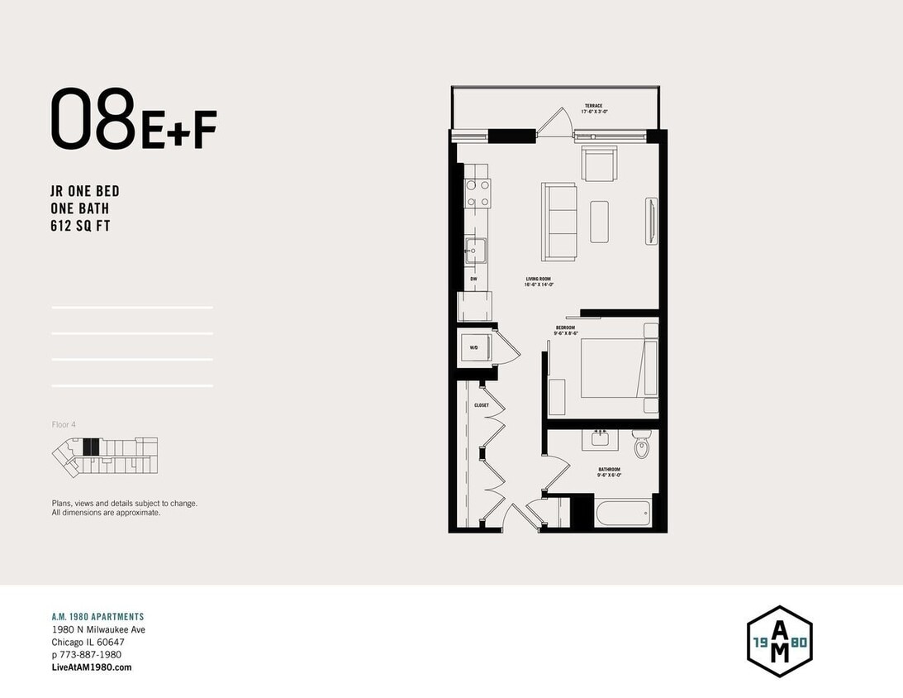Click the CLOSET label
pos(482,405)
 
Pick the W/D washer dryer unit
pos(474,348)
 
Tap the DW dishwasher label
pos(474,279)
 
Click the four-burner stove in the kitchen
pos(477,193)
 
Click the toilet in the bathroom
pos(642,446)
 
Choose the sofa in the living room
pos(560,220)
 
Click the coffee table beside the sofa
pos(599,221)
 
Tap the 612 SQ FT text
pos(80,226)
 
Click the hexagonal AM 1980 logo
pos(779,641)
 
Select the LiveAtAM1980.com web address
pos(92,667)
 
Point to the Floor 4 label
pos(64,424)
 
